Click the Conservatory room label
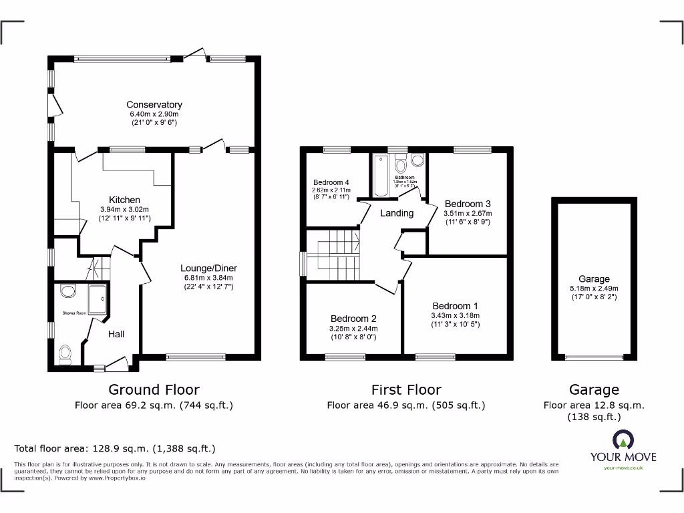(x=154, y=105)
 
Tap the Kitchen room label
(x=125, y=200)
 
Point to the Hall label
(x=116, y=334)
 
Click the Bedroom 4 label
(x=331, y=182)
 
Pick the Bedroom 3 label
(x=468, y=204)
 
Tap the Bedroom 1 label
(x=455, y=306)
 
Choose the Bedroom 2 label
(x=353, y=319)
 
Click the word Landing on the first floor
(x=397, y=213)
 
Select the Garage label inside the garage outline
(x=594, y=279)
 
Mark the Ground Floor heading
(x=154, y=389)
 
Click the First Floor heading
(x=406, y=389)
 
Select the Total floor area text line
(x=115, y=449)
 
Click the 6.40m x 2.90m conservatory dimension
(x=154, y=114)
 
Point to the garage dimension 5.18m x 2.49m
(x=594, y=289)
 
